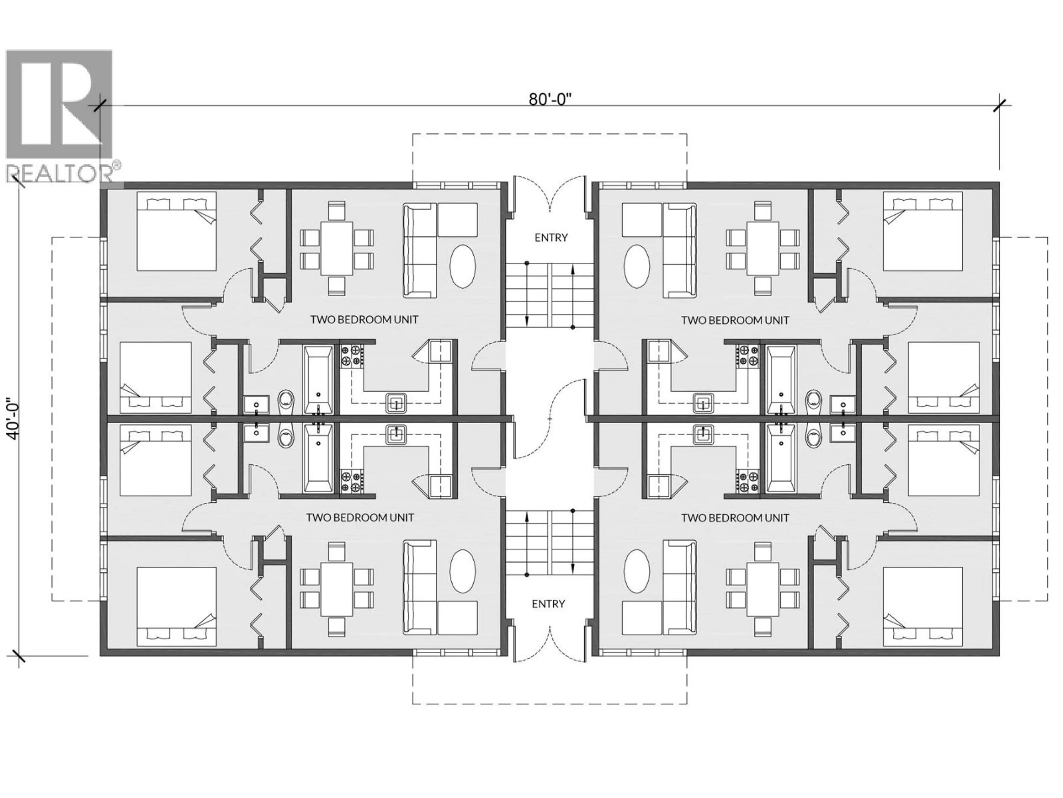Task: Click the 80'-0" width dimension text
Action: coord(550,99)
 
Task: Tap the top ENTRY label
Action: coord(551,238)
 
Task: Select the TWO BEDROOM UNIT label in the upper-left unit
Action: coord(364,320)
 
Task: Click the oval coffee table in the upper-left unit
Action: coord(463,267)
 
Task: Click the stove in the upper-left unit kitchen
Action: coord(351,355)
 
